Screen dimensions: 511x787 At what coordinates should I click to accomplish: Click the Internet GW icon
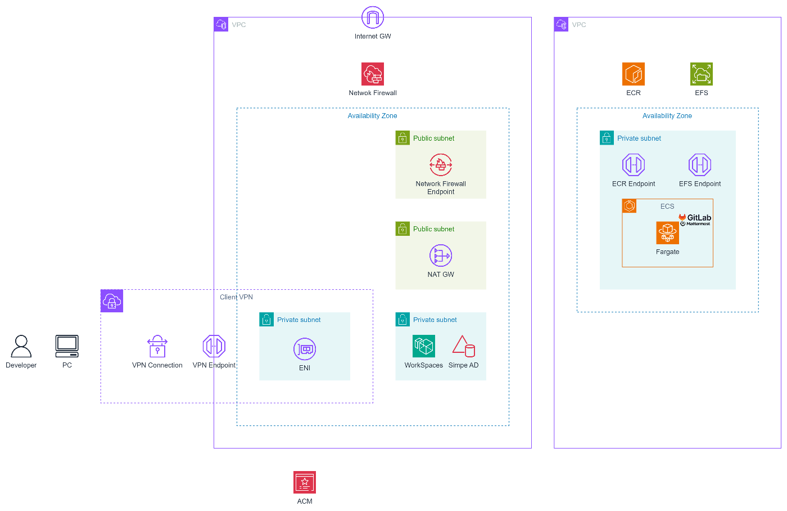(373, 17)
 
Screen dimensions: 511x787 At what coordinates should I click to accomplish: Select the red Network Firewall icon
(373, 74)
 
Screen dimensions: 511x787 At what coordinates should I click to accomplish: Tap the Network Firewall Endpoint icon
(441, 165)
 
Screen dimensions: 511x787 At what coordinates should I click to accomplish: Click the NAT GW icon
(441, 255)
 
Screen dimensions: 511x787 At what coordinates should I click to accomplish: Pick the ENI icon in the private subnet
(305, 349)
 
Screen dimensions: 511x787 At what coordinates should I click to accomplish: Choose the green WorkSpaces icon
(424, 346)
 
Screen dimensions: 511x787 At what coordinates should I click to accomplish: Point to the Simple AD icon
(464, 346)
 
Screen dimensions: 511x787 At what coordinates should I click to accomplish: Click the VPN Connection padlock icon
(157, 347)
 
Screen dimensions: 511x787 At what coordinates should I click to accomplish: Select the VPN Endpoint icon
(214, 346)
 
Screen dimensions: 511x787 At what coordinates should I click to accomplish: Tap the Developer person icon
(21, 346)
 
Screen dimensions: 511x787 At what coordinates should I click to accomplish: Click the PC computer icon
(67, 346)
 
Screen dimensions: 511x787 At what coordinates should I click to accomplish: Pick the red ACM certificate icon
(305, 482)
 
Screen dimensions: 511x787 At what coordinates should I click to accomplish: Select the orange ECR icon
(634, 74)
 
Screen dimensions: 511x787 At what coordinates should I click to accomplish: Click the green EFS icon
(702, 74)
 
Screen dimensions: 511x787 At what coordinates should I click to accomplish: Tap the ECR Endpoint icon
(634, 165)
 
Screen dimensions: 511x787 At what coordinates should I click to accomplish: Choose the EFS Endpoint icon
(700, 165)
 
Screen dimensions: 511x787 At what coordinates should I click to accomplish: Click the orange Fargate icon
(668, 233)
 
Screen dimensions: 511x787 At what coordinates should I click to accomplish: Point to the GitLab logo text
(699, 218)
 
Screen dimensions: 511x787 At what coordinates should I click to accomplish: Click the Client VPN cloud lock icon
(112, 301)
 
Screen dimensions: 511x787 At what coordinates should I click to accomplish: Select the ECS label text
(667, 207)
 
